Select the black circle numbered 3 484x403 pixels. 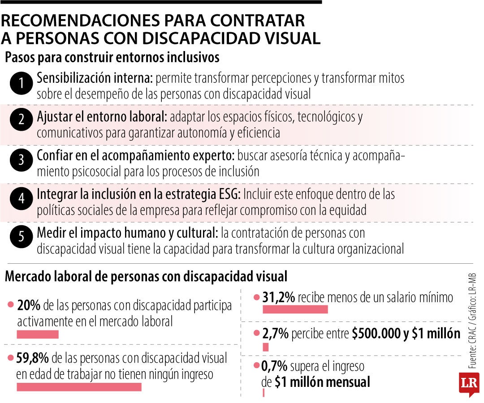pos(21,160)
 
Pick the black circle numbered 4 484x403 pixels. pos(21,199)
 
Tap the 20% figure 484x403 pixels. pos(29,306)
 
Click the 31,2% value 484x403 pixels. pos(278,297)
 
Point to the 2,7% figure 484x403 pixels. pos(276,334)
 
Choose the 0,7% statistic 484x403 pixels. pos(274,367)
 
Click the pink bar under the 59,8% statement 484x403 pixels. pos(79,387)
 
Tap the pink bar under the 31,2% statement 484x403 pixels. pos(295,309)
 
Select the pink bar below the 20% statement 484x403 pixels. pos(38,334)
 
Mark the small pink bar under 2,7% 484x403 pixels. pos(265,347)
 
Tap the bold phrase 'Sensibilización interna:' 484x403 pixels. pos(95,78)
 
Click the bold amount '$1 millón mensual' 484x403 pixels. pos(322,382)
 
